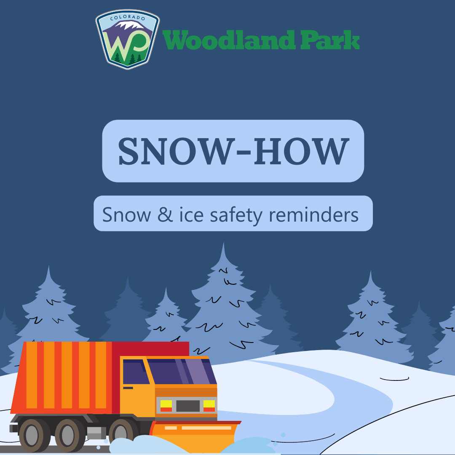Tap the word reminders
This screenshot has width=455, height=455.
(x=314, y=214)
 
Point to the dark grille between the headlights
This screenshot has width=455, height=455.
(x=187, y=406)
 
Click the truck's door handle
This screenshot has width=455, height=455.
(x=128, y=388)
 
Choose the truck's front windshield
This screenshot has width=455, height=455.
(x=181, y=371)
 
